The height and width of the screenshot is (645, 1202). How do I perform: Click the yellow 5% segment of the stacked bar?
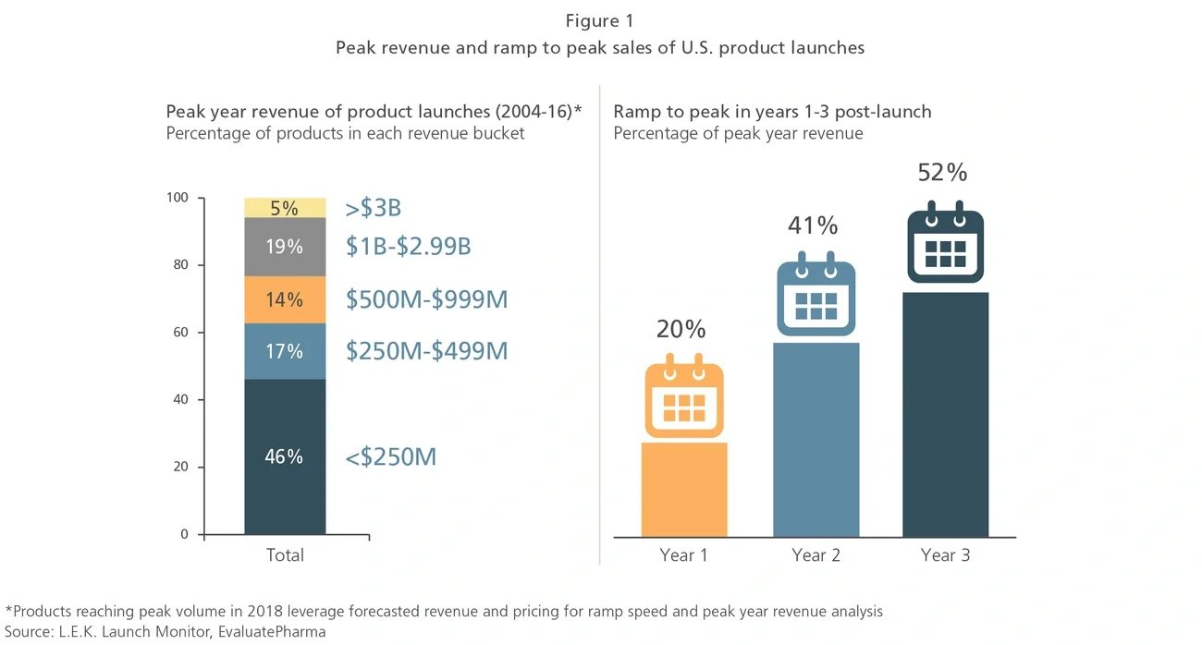tap(285, 208)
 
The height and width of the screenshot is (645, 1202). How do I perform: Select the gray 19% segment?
tap(285, 247)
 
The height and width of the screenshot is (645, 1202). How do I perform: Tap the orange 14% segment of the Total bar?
tap(285, 299)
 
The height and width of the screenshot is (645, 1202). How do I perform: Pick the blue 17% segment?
tap(285, 351)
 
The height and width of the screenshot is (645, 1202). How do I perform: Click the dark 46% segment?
tap(285, 456)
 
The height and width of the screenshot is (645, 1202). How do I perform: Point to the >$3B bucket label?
tap(373, 208)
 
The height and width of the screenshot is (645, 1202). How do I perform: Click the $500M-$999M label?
tap(426, 299)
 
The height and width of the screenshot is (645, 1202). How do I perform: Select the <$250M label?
tap(390, 456)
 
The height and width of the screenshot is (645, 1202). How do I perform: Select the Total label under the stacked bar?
tap(285, 555)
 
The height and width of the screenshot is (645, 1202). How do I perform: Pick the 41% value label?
tap(814, 225)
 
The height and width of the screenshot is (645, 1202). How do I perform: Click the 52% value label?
tap(942, 173)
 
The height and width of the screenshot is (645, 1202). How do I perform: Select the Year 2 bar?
tap(816, 439)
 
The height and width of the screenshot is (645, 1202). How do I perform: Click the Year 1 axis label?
tap(683, 555)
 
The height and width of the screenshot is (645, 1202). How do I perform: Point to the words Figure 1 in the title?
tap(599, 21)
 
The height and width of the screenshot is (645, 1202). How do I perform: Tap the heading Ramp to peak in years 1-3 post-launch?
tap(772, 112)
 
